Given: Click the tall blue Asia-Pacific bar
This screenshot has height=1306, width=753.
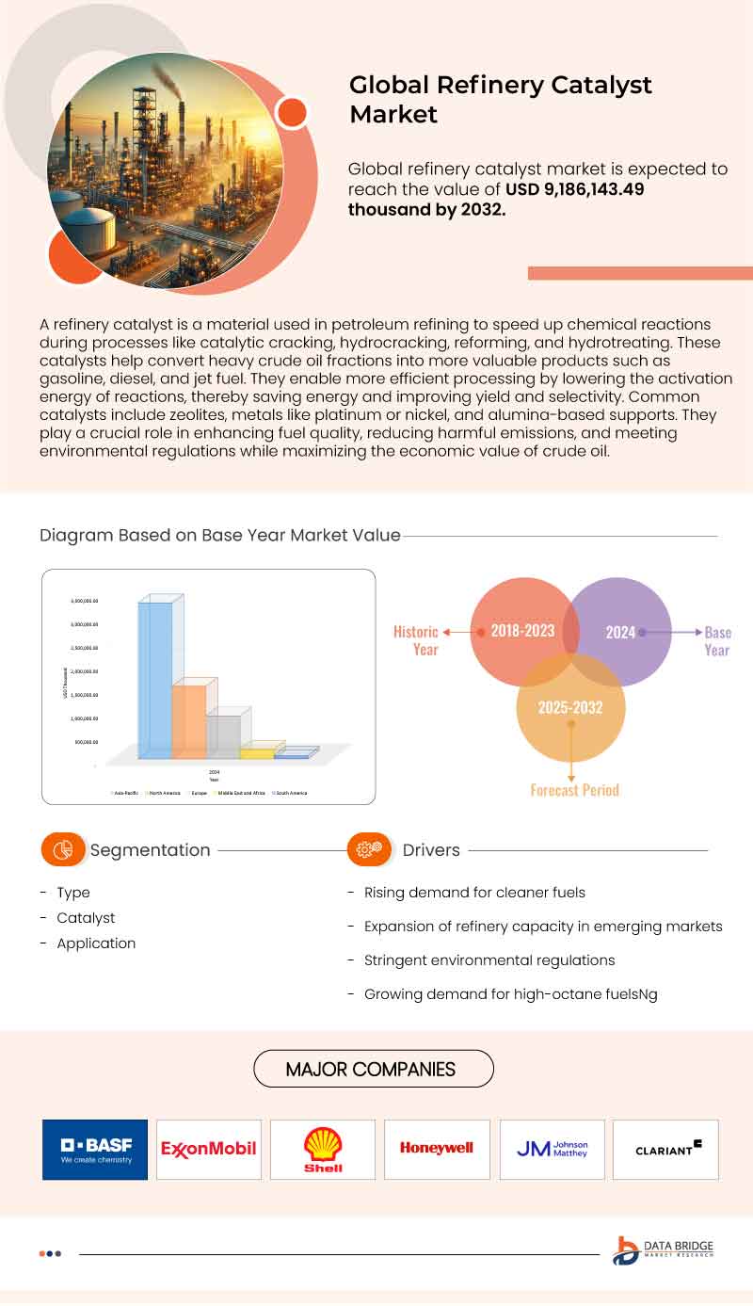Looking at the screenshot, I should pyautogui.click(x=155, y=678).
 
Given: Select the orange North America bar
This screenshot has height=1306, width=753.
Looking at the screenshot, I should pyautogui.click(x=189, y=720).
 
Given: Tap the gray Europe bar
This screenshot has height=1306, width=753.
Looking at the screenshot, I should pyautogui.click(x=223, y=736).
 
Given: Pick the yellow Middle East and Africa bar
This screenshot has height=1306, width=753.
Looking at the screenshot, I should pyautogui.click(x=257, y=752).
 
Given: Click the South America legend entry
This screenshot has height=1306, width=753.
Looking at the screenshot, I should pyautogui.click(x=290, y=793).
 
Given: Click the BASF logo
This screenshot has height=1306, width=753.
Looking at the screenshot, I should pyautogui.click(x=95, y=1150).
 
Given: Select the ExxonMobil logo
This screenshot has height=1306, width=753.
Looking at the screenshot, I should pyautogui.click(x=209, y=1150).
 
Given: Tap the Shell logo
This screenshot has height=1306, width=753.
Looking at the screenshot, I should pyautogui.click(x=323, y=1150).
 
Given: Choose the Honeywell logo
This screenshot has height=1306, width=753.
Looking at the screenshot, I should pyautogui.click(x=437, y=1149).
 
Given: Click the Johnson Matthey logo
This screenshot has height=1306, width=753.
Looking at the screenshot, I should pyautogui.click(x=552, y=1149).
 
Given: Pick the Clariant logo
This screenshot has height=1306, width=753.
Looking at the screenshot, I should pyautogui.click(x=665, y=1149).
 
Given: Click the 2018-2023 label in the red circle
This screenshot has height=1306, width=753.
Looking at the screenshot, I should pyautogui.click(x=522, y=631).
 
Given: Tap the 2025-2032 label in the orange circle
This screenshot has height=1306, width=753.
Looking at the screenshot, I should pyautogui.click(x=570, y=707).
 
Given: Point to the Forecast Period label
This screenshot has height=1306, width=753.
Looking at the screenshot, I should pyautogui.click(x=574, y=790).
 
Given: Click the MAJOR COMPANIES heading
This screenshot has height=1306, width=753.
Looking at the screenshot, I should pyautogui.click(x=373, y=1069).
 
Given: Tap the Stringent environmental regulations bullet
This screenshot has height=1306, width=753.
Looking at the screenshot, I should pyautogui.click(x=489, y=960).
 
